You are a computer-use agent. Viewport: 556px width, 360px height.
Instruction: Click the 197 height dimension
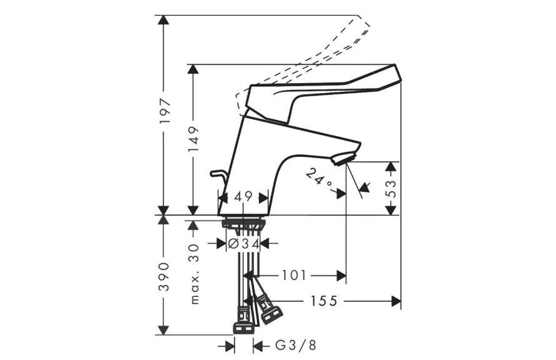tap(165, 111)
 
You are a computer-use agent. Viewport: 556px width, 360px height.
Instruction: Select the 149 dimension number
tap(194, 139)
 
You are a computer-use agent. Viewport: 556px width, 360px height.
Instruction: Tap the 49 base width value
tap(243, 196)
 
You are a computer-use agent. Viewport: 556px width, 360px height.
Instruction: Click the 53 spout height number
tap(390, 189)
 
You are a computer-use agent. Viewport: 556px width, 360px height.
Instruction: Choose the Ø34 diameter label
tap(243, 243)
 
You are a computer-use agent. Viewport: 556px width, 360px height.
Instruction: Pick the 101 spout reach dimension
tap(293, 275)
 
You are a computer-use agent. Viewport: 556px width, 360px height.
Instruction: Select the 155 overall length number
tap(324, 301)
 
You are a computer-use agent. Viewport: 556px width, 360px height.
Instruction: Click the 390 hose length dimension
tap(164, 277)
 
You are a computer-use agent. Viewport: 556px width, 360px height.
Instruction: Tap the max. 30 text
tap(195, 274)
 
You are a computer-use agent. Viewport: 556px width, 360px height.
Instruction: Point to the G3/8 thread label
tap(295, 345)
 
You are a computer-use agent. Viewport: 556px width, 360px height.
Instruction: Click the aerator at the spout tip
tap(343, 158)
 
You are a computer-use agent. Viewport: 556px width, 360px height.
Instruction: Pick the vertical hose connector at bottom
tap(244, 321)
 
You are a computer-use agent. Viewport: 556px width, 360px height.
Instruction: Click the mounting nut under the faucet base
tap(244, 224)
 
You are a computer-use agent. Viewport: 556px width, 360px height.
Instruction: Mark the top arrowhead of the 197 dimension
tap(163, 20)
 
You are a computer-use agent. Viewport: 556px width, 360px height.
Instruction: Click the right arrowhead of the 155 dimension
tap(396, 301)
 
